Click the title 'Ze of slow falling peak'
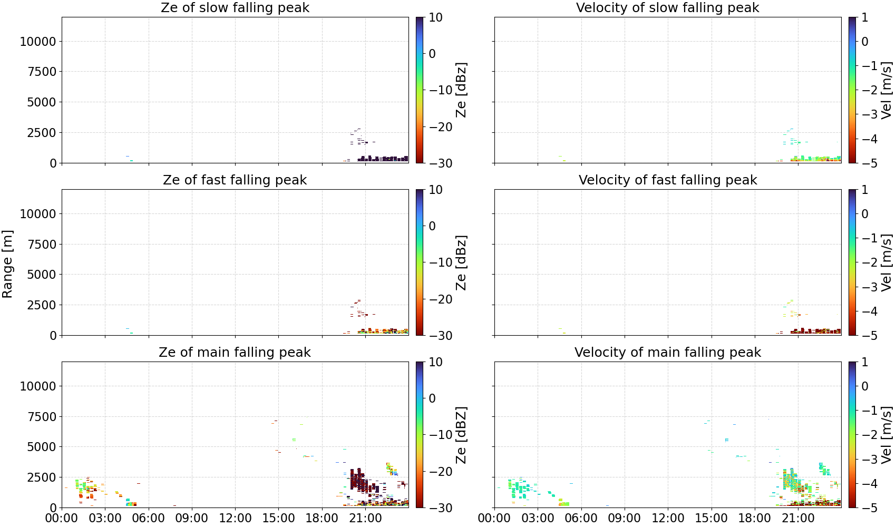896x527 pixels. click(x=235, y=7)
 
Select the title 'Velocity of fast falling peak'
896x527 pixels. click(x=668, y=180)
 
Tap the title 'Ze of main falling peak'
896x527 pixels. click(x=235, y=352)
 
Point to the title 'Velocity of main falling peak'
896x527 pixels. click(x=668, y=352)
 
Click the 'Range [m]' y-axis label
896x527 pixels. click(x=7, y=264)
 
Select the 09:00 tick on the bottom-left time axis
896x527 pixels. click(x=192, y=518)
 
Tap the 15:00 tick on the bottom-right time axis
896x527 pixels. click(x=711, y=518)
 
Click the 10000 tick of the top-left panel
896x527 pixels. click(x=38, y=41)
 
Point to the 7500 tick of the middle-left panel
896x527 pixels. click(x=42, y=244)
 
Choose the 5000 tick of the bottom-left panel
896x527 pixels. click(x=42, y=446)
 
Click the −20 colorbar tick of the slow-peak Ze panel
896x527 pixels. click(x=441, y=127)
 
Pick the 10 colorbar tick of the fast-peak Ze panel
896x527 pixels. click(x=435, y=190)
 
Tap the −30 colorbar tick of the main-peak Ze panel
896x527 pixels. click(x=441, y=508)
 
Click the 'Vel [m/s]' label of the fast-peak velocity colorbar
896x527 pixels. click(x=887, y=262)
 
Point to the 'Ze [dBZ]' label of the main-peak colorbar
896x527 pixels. click(x=461, y=435)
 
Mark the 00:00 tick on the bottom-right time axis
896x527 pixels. click(x=494, y=518)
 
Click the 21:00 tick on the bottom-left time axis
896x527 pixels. click(x=365, y=518)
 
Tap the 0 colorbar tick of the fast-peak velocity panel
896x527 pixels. click(x=865, y=214)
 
